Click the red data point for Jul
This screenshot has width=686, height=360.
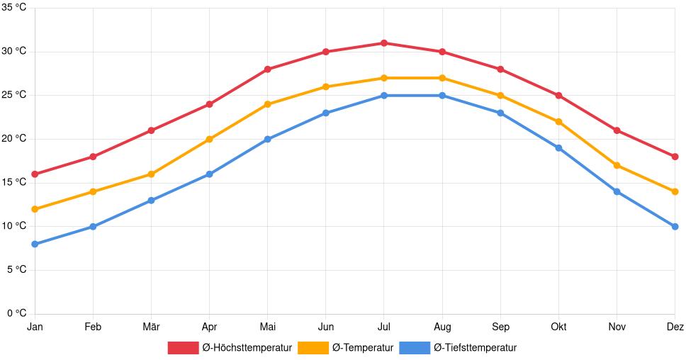click(x=384, y=43)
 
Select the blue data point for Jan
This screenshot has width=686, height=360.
click(x=35, y=244)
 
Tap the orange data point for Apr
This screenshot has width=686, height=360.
click(x=210, y=140)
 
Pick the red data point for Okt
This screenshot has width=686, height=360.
click(x=558, y=96)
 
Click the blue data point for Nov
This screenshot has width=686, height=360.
click(x=617, y=191)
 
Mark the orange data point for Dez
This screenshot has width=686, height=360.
click(x=675, y=191)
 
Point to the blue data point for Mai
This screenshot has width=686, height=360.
click(x=268, y=140)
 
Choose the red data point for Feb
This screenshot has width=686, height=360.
click(x=93, y=157)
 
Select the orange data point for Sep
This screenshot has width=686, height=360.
click(x=500, y=96)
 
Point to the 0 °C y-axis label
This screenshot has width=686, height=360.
click(x=16, y=313)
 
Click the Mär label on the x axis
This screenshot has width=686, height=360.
click(x=151, y=327)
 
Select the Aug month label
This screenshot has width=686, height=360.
click(x=442, y=327)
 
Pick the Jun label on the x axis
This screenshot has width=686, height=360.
click(x=326, y=327)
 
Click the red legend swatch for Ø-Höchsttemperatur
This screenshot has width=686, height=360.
click(x=183, y=347)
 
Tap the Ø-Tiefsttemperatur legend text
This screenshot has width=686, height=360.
click(x=475, y=347)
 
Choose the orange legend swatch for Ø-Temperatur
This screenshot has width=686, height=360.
click(x=313, y=347)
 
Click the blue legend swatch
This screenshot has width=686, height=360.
click(x=415, y=347)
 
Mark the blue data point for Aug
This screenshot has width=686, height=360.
click(x=442, y=96)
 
